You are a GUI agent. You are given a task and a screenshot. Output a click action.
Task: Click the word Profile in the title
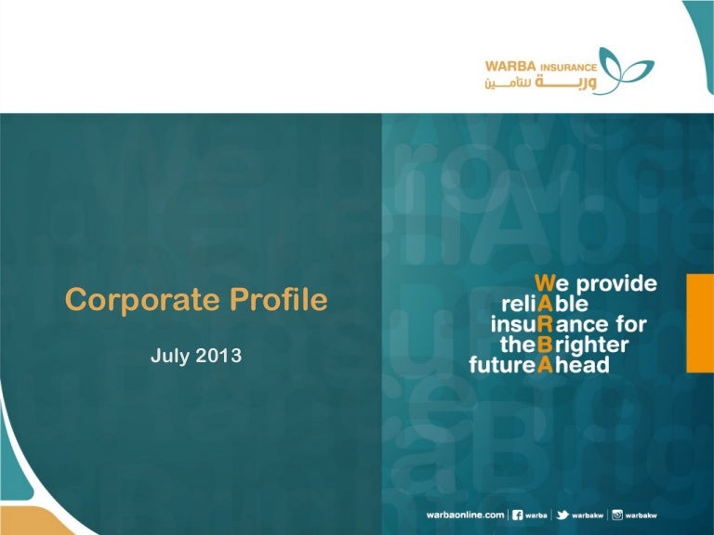(x=279, y=299)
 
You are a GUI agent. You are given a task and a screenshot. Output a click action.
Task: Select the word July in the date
(x=170, y=356)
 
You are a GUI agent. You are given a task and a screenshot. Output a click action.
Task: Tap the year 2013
(x=218, y=356)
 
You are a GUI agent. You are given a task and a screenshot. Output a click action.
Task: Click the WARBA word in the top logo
(x=510, y=67)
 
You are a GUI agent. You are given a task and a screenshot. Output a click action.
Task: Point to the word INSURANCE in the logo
(x=568, y=68)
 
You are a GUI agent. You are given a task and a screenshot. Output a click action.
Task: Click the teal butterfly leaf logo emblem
(x=627, y=71)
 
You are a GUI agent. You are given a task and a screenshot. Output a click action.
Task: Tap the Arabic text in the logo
(x=540, y=83)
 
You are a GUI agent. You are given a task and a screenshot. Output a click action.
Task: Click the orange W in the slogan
(x=545, y=283)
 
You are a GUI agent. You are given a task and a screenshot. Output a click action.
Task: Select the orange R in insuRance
(x=545, y=324)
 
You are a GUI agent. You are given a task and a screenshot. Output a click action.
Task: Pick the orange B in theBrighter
(x=545, y=345)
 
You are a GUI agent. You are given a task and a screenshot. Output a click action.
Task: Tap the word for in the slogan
(x=631, y=324)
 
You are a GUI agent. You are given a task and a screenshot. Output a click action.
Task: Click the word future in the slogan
(x=501, y=365)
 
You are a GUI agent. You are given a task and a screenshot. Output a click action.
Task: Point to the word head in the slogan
(x=582, y=364)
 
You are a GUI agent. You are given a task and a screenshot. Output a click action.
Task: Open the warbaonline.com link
(x=466, y=515)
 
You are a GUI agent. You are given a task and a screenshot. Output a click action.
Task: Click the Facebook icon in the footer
(x=517, y=515)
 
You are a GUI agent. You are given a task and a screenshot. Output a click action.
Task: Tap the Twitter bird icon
(x=562, y=515)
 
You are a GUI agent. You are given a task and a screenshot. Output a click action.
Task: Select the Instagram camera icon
(x=617, y=515)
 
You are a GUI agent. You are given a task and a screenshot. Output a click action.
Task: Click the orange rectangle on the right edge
(x=700, y=323)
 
